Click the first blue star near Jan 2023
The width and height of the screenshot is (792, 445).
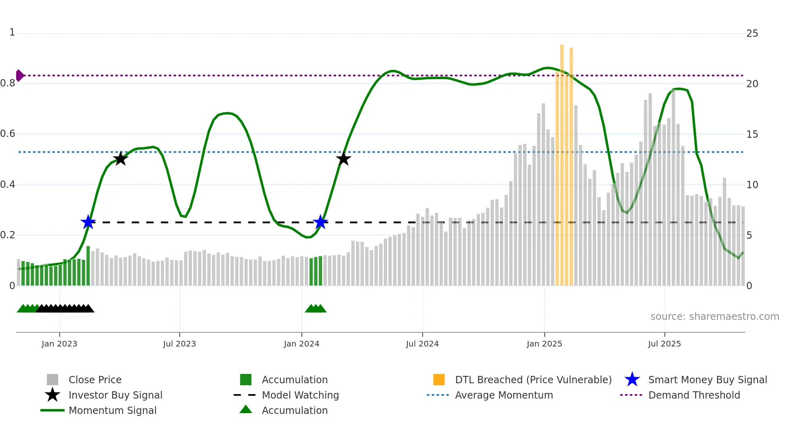pos(88,222)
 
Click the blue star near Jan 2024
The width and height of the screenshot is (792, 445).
pos(320,222)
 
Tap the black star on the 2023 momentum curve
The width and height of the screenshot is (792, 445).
pos(120,159)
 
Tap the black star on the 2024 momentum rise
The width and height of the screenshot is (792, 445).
pos(343,159)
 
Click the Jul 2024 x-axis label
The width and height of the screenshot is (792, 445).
pos(422,344)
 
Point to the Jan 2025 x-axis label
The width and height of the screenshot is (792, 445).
pos(544,344)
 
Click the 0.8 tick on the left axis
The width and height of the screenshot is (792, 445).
pos(8,84)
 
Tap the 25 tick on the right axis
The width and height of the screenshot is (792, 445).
pos(752,34)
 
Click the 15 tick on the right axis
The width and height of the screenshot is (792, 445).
pos(752,134)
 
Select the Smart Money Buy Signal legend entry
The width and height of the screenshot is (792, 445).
pos(707,380)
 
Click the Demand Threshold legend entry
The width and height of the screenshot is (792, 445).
pos(694,395)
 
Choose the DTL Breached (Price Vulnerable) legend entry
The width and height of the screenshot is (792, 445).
pos(533,380)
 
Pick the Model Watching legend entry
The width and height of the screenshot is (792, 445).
pos(300,395)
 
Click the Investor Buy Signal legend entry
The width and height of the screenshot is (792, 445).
pos(115,395)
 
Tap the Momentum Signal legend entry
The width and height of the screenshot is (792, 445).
pos(112,410)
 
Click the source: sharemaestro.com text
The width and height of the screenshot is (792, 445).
pos(714,316)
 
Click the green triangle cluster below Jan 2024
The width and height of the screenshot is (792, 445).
pos(316,309)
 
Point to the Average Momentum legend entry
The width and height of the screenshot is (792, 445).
pos(503,395)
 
